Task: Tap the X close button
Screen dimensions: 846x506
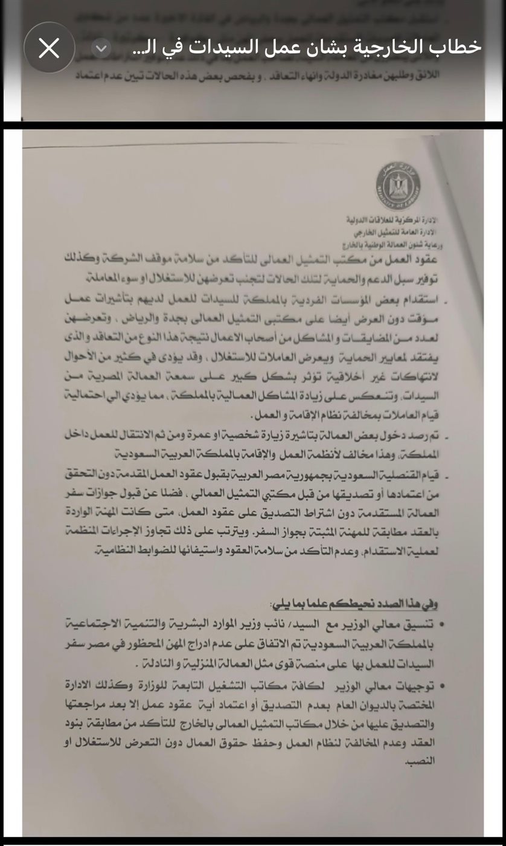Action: click(49, 48)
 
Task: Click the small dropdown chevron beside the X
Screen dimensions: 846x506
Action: click(101, 48)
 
